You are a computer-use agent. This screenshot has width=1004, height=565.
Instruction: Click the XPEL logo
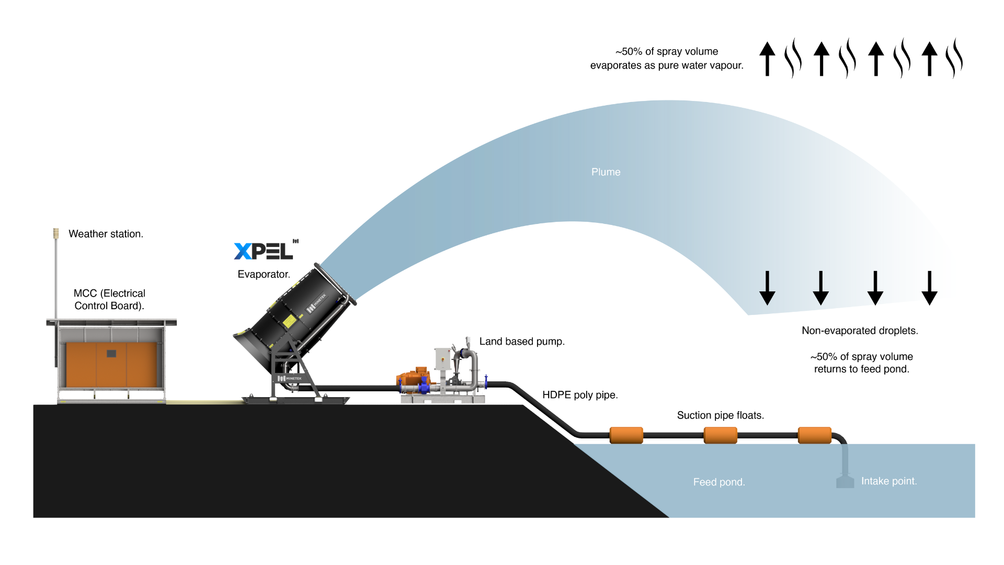(264, 251)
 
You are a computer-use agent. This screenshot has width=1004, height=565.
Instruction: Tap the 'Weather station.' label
(106, 234)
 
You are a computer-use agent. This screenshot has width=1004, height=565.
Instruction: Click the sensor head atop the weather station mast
(56, 233)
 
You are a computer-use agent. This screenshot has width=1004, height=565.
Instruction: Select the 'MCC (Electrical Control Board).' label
(109, 299)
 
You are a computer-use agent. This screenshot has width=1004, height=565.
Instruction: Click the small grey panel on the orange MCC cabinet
(111, 354)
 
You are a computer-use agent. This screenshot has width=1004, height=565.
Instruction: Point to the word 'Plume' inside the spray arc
(606, 172)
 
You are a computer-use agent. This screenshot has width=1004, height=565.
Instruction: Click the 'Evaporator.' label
(264, 274)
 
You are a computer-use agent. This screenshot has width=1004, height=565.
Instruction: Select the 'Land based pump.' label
(522, 342)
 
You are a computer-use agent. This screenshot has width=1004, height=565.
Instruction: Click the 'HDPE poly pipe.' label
(580, 395)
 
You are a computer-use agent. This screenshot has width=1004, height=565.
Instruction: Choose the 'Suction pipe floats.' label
(720, 415)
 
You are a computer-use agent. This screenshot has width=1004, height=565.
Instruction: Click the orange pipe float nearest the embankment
(626, 435)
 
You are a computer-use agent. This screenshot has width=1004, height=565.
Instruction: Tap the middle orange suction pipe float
(720, 435)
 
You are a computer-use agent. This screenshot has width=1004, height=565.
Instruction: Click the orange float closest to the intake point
(814, 435)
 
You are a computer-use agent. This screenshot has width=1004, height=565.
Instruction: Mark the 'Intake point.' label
(889, 481)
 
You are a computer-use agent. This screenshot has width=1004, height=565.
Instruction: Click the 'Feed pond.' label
(719, 482)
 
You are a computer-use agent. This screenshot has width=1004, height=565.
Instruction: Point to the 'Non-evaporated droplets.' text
(860, 331)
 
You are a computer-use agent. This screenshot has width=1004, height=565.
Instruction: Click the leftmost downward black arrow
(767, 288)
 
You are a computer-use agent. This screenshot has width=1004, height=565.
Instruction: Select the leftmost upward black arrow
(767, 59)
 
